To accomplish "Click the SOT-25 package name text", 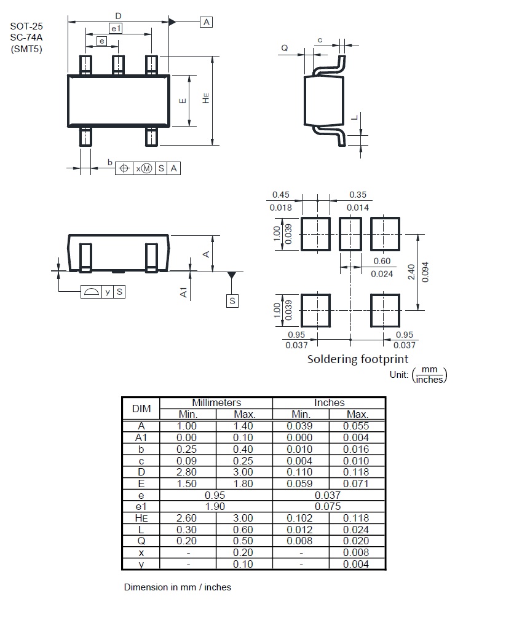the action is (x=26, y=26).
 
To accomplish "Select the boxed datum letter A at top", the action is (x=207, y=22).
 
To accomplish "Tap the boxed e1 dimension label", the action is (x=116, y=28).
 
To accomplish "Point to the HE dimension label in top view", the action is (x=206, y=98).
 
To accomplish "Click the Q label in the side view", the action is (x=285, y=48).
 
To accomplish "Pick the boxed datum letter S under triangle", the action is (x=232, y=301).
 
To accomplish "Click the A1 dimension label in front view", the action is (x=184, y=292).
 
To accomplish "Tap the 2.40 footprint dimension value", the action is (x=411, y=272).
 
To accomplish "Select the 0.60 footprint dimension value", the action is (x=382, y=261).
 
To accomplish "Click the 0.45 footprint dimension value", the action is (x=280, y=195).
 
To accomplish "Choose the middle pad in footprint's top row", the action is (x=350, y=234).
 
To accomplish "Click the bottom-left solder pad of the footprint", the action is (x=315, y=310).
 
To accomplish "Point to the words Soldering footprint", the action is (x=358, y=359).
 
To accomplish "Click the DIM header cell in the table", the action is (x=141, y=409).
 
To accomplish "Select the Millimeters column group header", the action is (x=216, y=403).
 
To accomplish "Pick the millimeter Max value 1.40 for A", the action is (x=243, y=426).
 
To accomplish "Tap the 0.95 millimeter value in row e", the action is (x=215, y=495).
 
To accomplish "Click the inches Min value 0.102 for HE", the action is (x=299, y=518).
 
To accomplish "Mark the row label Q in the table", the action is (x=141, y=541).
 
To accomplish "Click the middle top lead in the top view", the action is (x=118, y=65).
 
